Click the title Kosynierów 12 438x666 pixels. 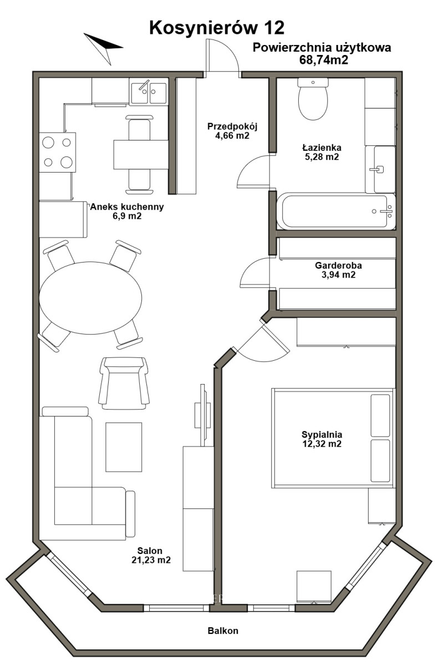tap(217, 28)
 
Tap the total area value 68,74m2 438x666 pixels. tap(323, 60)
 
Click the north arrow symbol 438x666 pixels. tap(103, 48)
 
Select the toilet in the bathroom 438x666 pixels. tap(313, 99)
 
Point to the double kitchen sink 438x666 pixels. tap(149, 93)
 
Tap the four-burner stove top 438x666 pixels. tap(58, 152)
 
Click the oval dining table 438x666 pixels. tap(90, 297)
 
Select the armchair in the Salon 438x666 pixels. tap(124, 384)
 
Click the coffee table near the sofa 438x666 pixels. tap(124, 447)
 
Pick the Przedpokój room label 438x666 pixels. tap(232, 127)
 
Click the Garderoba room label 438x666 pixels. tap(338, 265)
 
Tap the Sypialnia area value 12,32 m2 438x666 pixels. tap(322, 444)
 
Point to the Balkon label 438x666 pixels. tap(223, 630)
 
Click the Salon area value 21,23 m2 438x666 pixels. tap(151, 560)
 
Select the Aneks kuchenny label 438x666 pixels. tap(127, 206)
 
